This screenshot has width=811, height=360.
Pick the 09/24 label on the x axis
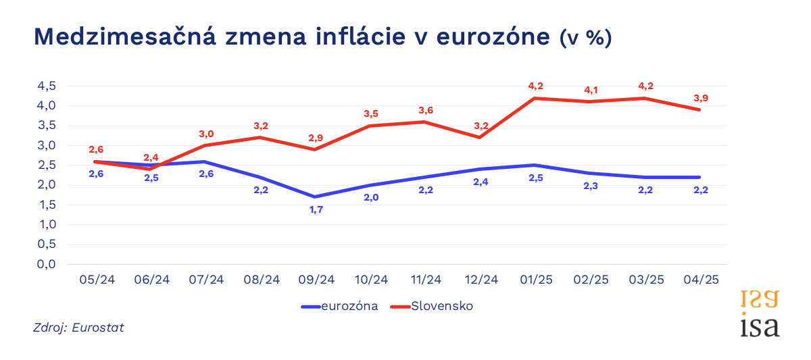(x=316, y=280)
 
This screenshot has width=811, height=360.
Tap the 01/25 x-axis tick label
(x=536, y=280)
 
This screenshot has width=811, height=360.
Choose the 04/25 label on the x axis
(x=701, y=280)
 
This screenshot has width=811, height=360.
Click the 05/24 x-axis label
(x=97, y=280)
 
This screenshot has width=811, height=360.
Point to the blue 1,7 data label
(x=316, y=210)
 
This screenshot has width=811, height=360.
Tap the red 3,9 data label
(x=701, y=99)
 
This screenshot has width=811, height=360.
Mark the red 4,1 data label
(x=591, y=90)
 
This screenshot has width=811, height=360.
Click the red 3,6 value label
(x=426, y=110)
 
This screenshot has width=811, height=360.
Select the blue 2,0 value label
(x=371, y=197)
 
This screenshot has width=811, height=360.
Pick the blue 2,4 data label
(x=481, y=182)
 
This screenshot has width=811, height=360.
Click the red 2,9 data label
(x=316, y=138)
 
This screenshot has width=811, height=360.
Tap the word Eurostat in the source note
(x=100, y=328)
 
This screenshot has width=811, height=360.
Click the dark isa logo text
(x=760, y=326)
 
